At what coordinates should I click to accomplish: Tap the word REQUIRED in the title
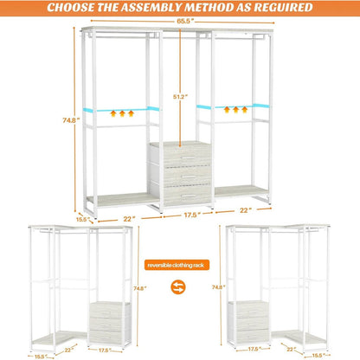pyautogui.click(x=278, y=9)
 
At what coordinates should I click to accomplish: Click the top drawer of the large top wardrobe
pyautogui.click(x=179, y=155)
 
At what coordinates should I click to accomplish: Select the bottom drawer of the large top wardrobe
pyautogui.click(x=179, y=196)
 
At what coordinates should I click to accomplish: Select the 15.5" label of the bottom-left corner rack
pyautogui.click(x=39, y=354)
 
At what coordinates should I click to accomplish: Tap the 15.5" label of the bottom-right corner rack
pyautogui.click(x=319, y=354)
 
